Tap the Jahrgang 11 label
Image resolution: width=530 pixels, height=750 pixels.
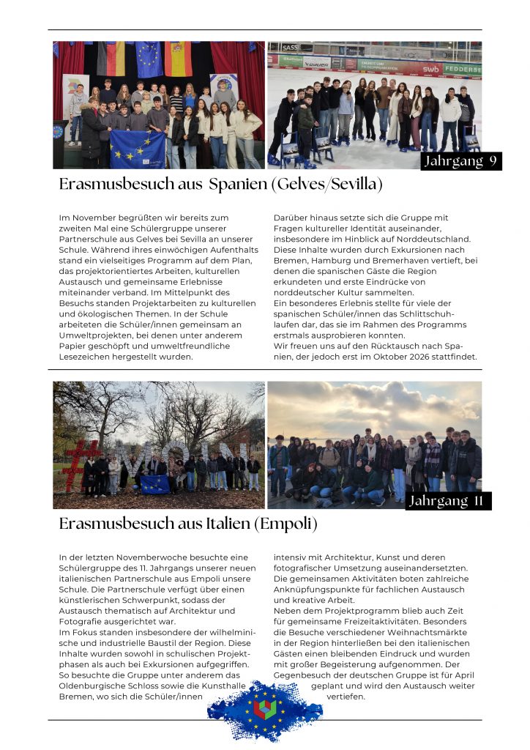click(x=449, y=501)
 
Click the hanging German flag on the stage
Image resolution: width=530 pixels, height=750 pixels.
click(x=111, y=59)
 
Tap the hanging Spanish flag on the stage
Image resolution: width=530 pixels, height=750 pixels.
click(x=178, y=59)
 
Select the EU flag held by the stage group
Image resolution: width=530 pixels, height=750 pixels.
click(x=138, y=149)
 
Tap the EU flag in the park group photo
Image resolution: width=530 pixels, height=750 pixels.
click(x=155, y=484)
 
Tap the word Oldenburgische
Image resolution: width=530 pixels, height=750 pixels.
click(x=92, y=686)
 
